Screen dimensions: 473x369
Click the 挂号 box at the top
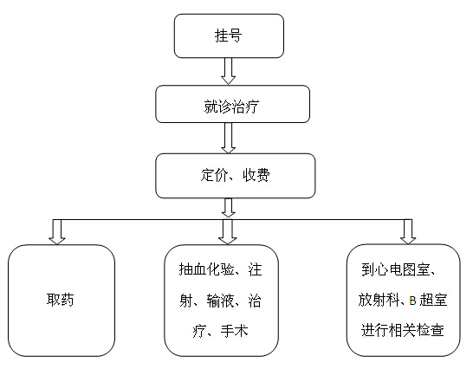point(229,36)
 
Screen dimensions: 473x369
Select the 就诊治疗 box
point(232,104)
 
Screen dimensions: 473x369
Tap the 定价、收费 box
point(236,176)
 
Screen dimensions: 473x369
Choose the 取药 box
point(62,301)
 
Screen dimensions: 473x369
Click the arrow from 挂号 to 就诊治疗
point(229,71)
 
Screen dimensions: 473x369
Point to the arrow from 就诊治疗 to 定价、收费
point(229,138)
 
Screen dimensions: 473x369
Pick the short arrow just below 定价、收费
point(229,208)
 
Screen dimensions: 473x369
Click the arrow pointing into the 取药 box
point(57,232)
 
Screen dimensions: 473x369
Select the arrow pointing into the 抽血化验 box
point(228,232)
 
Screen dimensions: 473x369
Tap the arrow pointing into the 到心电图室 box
point(408,232)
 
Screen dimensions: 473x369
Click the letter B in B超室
point(412,301)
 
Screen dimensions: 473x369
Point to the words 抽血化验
point(207,269)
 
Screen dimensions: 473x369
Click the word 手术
point(234,331)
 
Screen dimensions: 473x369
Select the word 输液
point(220,301)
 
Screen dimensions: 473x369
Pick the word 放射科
point(379,300)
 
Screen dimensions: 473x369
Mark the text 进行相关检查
point(403,330)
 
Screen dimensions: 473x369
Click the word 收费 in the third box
point(256,175)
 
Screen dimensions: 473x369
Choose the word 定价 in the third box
point(214,175)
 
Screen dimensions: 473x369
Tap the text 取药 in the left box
point(61,300)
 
